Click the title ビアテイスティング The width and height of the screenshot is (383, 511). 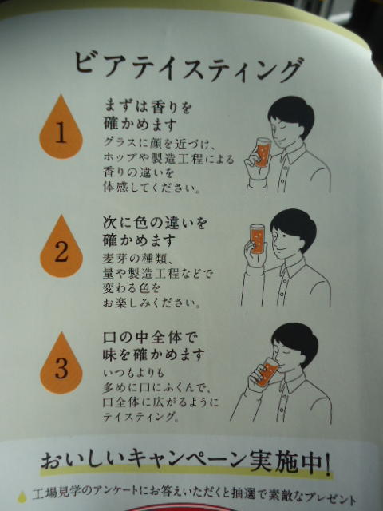pyautogui.click(x=188, y=68)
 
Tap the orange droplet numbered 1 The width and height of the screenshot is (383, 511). pyautogui.click(x=61, y=129)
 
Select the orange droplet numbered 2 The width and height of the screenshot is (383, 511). pyautogui.click(x=61, y=248)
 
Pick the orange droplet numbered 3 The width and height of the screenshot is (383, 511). pyautogui.click(x=61, y=366)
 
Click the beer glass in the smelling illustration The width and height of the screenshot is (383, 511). pyautogui.click(x=263, y=153)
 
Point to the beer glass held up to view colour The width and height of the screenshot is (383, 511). pyautogui.click(x=257, y=239)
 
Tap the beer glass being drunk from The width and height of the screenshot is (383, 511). pyautogui.click(x=267, y=372)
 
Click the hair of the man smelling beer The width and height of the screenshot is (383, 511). pyautogui.click(x=292, y=113)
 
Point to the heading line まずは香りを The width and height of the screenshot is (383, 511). pyautogui.click(x=148, y=107)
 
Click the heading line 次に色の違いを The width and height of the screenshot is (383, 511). pyautogui.click(x=155, y=224)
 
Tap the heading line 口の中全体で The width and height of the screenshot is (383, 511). pyautogui.click(x=150, y=338)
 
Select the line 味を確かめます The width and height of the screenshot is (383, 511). pyautogui.click(x=154, y=355)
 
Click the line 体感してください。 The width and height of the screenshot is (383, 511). pyautogui.click(x=152, y=188)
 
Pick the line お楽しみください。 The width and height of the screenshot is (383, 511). pyautogui.click(x=152, y=303)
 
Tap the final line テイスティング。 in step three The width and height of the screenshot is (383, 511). pyautogui.click(x=140, y=417)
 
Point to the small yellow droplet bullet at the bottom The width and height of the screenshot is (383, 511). pyautogui.click(x=22, y=497)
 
